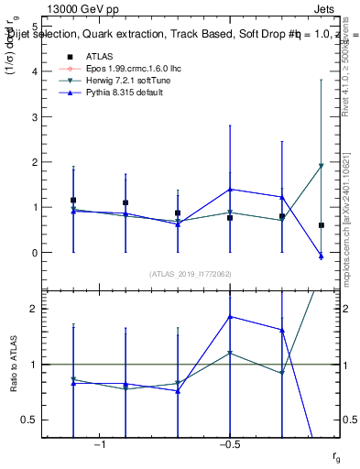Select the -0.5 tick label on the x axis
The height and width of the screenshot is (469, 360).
tap(229, 445)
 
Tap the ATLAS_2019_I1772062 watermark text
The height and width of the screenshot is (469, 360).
tap(190, 274)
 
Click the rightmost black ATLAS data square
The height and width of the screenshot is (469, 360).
tap(322, 225)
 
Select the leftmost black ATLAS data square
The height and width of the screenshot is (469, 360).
tap(73, 200)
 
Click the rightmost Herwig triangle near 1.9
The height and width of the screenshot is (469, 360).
tap(322, 166)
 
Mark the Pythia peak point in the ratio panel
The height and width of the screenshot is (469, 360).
tap(230, 316)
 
